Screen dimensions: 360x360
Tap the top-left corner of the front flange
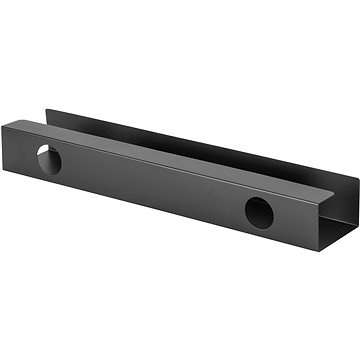click(x=5, y=119)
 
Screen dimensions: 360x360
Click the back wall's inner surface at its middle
click(x=200, y=140)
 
